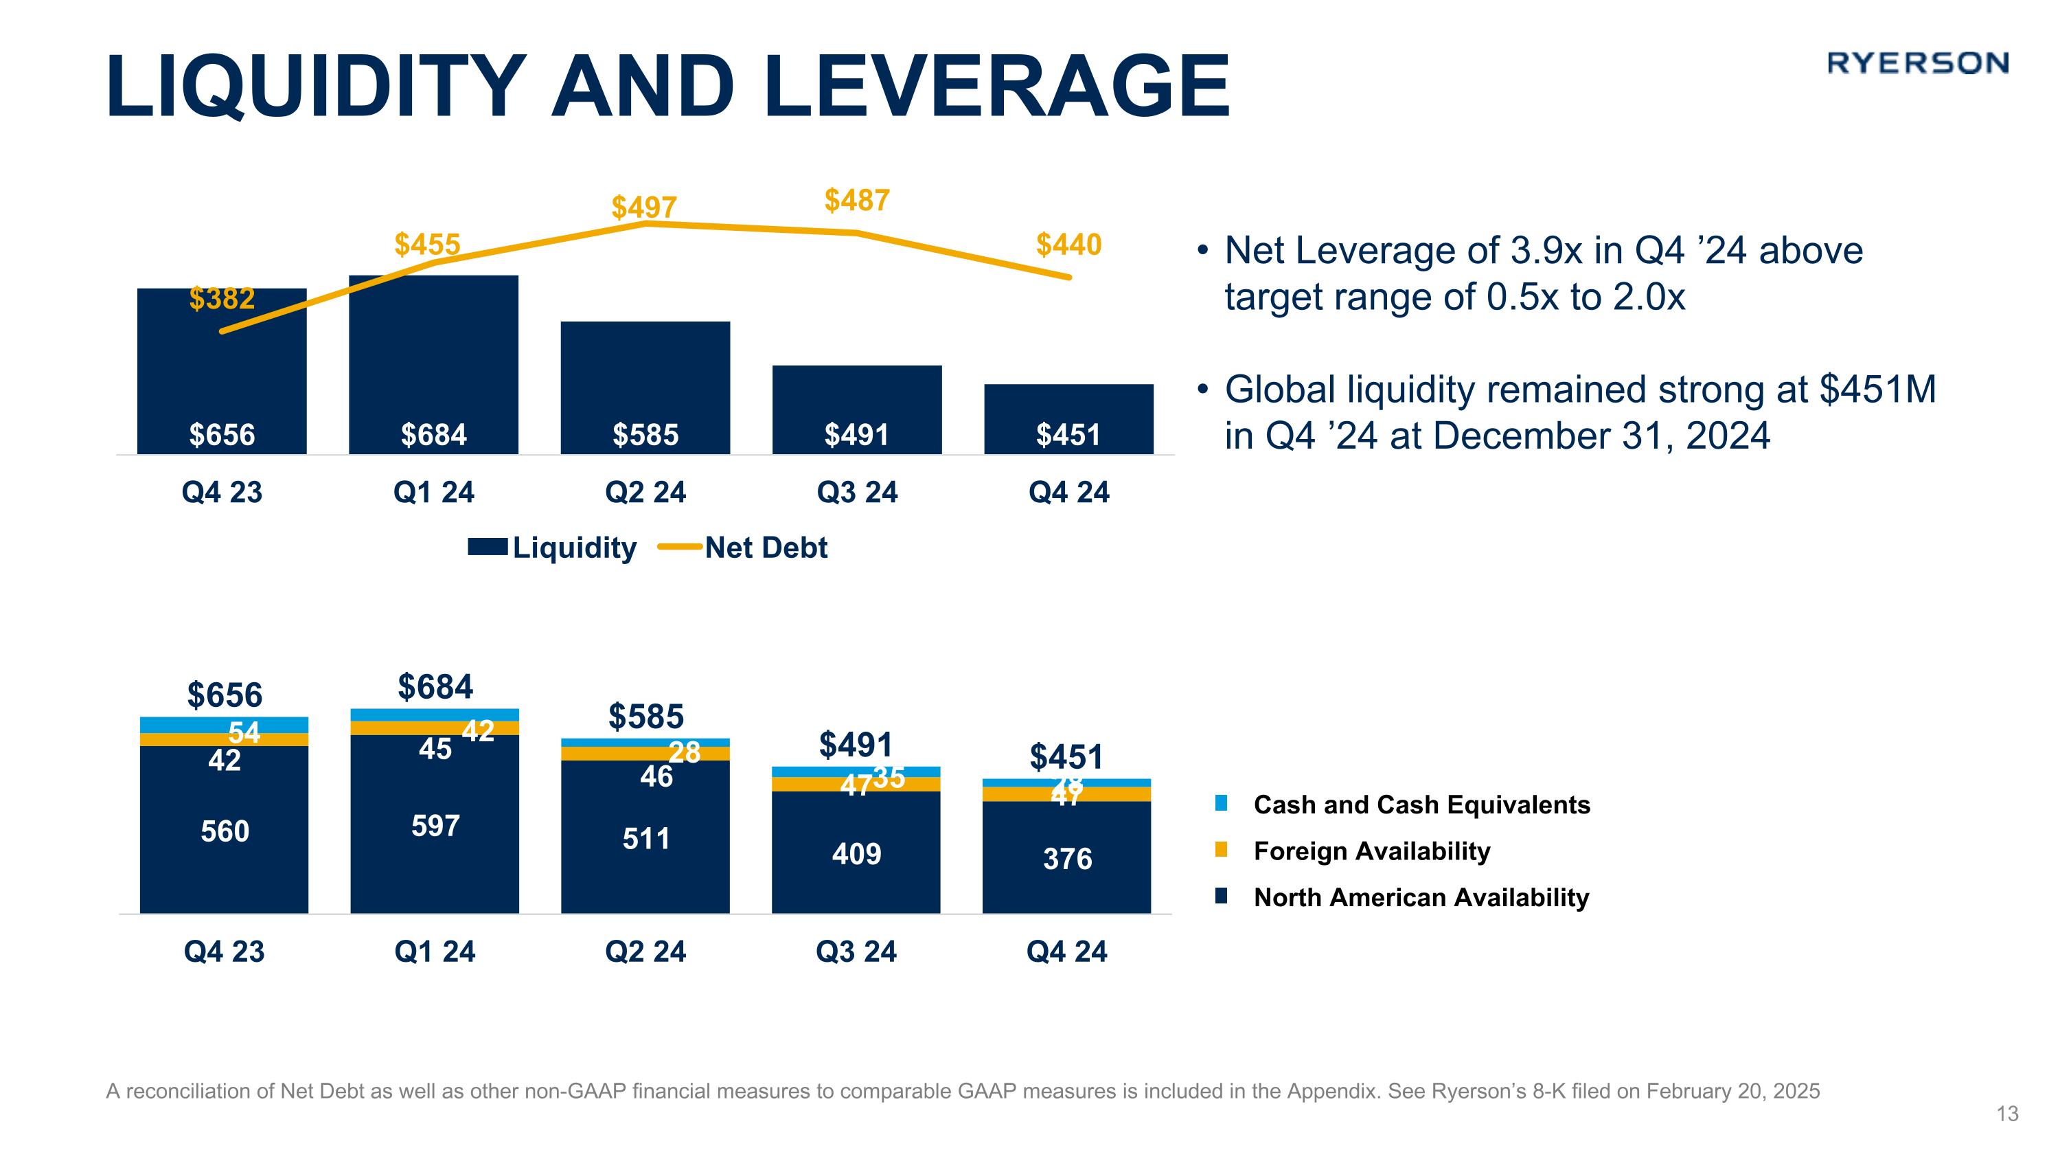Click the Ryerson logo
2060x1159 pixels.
[1917, 63]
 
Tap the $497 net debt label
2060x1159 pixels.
[644, 208]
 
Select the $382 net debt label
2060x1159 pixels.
[222, 299]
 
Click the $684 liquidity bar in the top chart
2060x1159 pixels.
[433, 364]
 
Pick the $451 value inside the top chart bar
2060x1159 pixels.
[1068, 435]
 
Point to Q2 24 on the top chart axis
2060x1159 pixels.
[645, 493]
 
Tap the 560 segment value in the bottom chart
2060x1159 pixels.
[225, 832]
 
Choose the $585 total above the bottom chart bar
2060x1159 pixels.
[646, 717]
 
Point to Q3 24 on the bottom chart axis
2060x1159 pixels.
[856, 952]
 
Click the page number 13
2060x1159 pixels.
[2007, 1114]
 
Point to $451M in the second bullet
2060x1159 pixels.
[1877, 390]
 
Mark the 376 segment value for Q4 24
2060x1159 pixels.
[1068, 859]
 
